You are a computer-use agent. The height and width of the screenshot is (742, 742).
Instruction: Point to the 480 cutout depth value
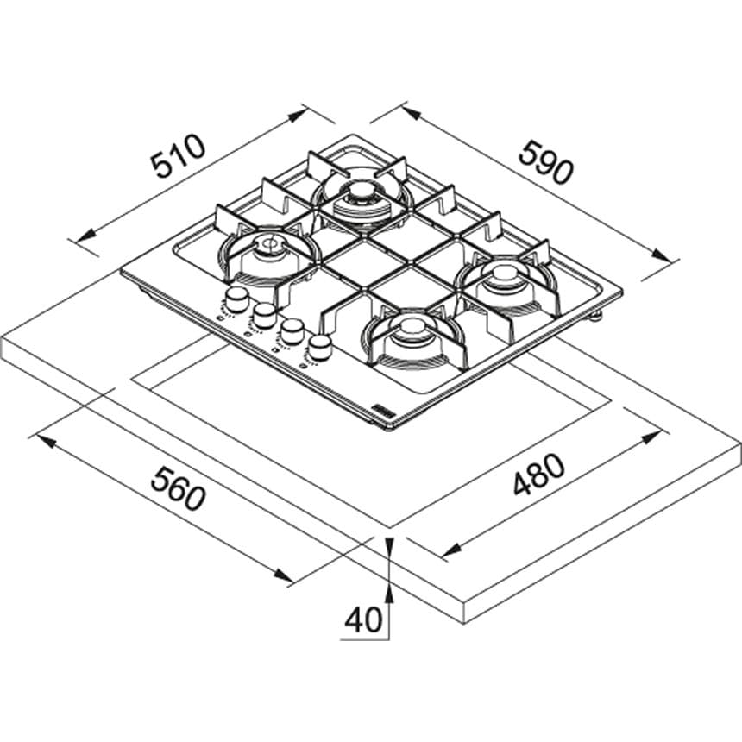(x=538, y=475)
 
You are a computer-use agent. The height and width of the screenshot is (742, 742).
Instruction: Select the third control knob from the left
(x=292, y=330)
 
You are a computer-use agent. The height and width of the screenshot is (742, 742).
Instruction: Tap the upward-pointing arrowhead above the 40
(x=389, y=590)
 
